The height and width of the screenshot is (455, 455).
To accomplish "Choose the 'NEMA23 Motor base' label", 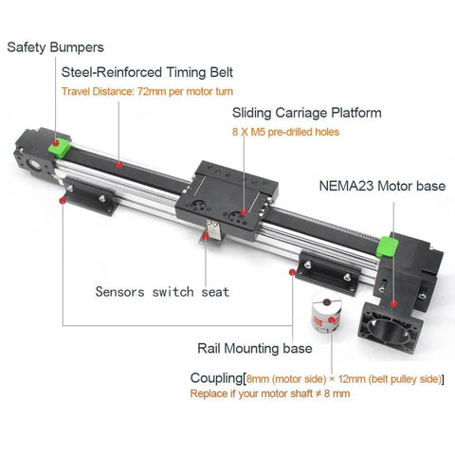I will (x=382, y=186).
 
